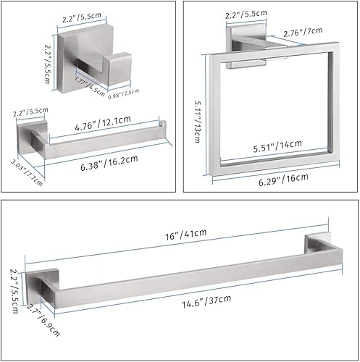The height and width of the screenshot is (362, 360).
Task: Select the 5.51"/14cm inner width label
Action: (x=273, y=146)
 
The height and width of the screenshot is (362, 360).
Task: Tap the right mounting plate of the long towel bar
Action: (x=319, y=248)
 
